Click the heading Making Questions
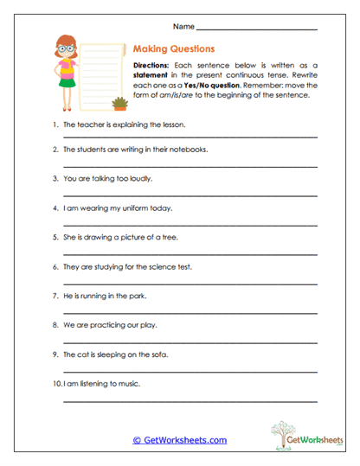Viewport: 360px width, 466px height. click(174, 49)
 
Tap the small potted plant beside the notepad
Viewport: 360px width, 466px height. click(119, 105)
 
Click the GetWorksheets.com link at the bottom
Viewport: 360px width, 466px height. click(179, 439)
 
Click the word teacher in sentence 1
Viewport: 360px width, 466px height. click(88, 124)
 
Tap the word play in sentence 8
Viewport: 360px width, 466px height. click(152, 325)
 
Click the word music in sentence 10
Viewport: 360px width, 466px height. click(127, 384)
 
